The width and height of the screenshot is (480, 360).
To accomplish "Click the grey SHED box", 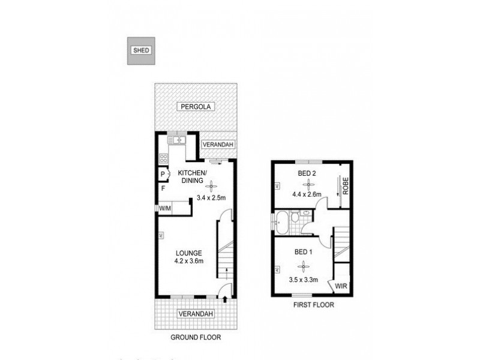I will tap(140, 50).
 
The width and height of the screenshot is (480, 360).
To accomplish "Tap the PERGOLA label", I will tap(194, 107).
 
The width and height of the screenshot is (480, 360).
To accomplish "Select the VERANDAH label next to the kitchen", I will tap(216, 145).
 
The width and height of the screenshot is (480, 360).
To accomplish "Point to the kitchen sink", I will tap(178, 140).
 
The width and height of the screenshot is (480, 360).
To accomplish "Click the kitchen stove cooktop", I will tap(163, 159).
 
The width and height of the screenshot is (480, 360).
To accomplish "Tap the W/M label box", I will tap(164, 209).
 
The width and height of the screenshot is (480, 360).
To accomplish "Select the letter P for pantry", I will tap(163, 175).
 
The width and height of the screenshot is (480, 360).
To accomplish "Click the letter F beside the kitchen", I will tap(163, 188).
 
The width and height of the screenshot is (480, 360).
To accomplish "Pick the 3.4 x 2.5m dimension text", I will tap(211, 199).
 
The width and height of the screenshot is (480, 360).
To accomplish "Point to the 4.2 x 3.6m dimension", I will tap(190, 260).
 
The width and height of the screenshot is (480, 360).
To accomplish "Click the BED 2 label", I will tap(307, 174).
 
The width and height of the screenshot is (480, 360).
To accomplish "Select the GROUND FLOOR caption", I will tap(196, 337).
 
